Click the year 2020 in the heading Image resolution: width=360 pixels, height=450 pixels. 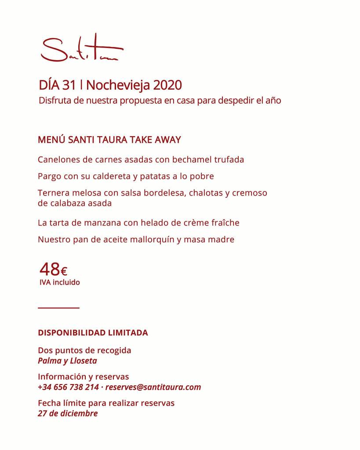[x=167, y=85]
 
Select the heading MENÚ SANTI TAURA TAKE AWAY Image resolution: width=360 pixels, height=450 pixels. [x=109, y=140]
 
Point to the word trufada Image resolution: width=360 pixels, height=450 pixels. [x=229, y=160]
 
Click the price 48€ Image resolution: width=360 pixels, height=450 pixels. [x=53, y=269]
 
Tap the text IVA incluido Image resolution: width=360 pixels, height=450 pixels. [x=60, y=283]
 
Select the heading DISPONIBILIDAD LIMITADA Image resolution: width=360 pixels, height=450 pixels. [x=93, y=333]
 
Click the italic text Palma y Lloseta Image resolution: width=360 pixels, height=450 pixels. [x=67, y=361]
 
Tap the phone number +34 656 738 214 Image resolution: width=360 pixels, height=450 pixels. [x=68, y=387]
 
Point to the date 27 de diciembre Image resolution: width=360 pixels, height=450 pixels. [x=68, y=414]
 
